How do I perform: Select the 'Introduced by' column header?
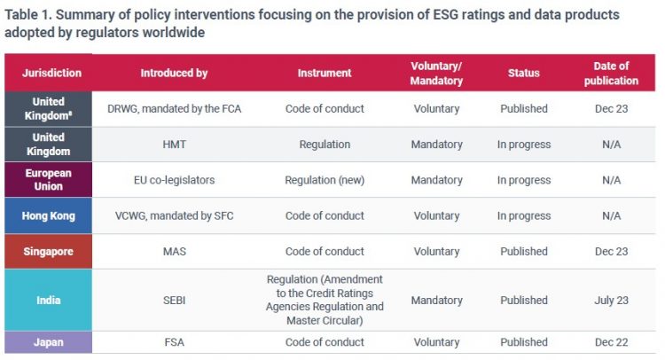pyautogui.click(x=174, y=73)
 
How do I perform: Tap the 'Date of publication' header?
pyautogui.click(x=611, y=73)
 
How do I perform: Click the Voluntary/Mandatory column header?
pyautogui.click(x=436, y=73)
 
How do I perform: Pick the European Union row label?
pyautogui.click(x=49, y=180)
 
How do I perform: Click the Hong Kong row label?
pyautogui.click(x=49, y=215)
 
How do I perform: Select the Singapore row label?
pyautogui.click(x=49, y=251)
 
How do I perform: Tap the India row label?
pyautogui.click(x=49, y=300)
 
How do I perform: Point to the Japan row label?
pyautogui.click(x=49, y=342)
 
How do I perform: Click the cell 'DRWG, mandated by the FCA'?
pyautogui.click(x=174, y=109)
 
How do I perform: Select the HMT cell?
pyautogui.click(x=174, y=145)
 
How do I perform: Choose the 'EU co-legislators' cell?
pyautogui.click(x=174, y=180)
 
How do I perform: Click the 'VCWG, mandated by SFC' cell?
pyautogui.click(x=174, y=215)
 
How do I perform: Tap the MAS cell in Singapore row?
pyautogui.click(x=174, y=251)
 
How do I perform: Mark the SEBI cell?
pyautogui.click(x=174, y=300)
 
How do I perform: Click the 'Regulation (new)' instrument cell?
pyautogui.click(x=325, y=180)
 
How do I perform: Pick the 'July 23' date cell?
pyautogui.click(x=611, y=300)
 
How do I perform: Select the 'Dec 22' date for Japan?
pyautogui.click(x=611, y=342)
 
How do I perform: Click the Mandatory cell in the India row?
pyautogui.click(x=436, y=300)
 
